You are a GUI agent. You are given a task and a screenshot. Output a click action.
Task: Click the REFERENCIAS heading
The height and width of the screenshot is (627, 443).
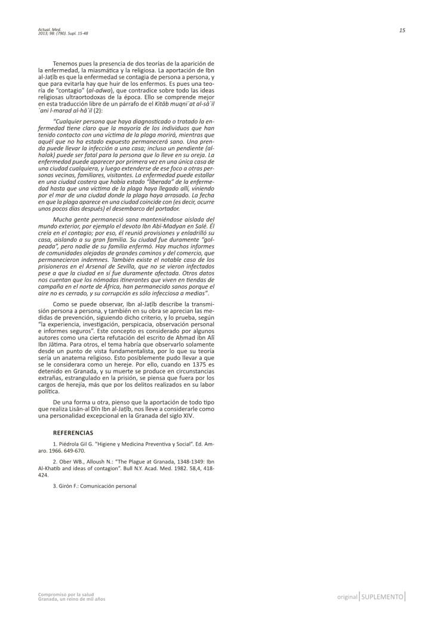(x=73, y=432)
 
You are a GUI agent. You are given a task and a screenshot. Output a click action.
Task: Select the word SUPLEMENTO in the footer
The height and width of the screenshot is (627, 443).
(x=383, y=597)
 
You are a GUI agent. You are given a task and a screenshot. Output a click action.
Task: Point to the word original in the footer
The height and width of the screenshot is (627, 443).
(x=347, y=597)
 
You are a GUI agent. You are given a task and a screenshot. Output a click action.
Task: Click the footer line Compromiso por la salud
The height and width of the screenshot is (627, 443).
(x=59, y=594)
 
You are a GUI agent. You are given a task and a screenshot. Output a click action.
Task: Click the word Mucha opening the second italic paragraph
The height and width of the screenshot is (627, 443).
(x=64, y=220)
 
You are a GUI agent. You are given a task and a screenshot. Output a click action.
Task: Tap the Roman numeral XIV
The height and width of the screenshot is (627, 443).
(x=186, y=416)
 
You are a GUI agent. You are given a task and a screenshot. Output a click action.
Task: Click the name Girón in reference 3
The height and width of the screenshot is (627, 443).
(x=66, y=486)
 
